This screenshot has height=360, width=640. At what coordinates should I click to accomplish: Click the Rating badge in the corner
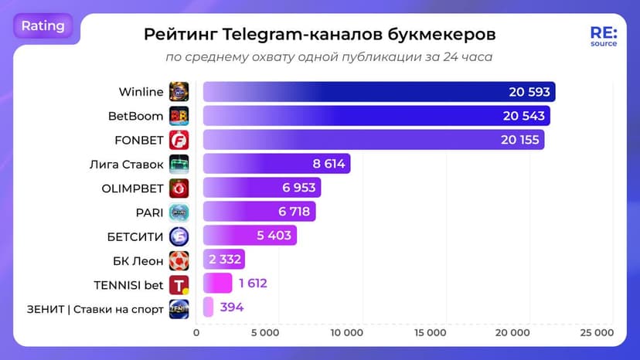[x=43, y=25]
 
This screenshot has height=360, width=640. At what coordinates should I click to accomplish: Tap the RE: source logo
[x=603, y=37]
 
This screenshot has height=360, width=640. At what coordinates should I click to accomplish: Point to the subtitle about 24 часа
[x=329, y=57]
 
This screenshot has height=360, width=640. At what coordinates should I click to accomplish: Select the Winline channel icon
[x=179, y=92]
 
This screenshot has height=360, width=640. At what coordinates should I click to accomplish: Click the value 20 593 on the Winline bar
[x=529, y=92]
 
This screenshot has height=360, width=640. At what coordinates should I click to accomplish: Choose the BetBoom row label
[x=136, y=116]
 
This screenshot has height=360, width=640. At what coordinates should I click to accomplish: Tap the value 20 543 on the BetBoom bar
[x=524, y=116]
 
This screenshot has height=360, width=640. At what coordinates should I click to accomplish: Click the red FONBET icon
[x=179, y=140]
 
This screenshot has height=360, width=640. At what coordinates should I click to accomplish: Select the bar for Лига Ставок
[x=276, y=164]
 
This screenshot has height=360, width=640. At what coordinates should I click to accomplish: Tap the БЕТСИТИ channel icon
[x=179, y=236]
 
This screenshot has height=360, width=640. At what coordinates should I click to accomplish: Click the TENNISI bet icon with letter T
[x=179, y=284]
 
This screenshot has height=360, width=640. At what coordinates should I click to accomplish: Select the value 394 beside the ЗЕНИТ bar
[x=231, y=307]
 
